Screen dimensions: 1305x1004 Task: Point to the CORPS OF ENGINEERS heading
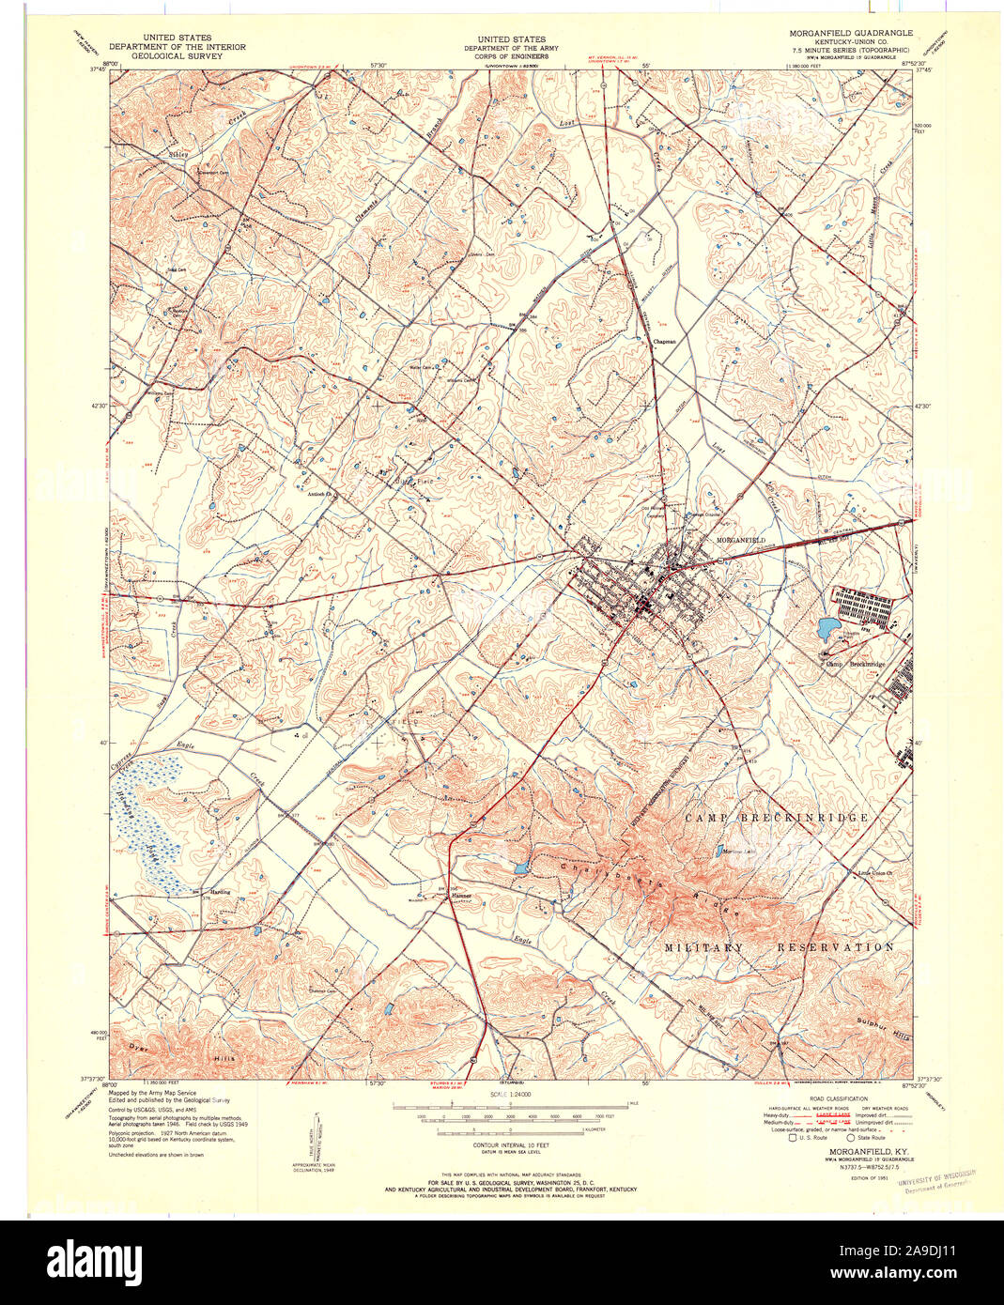pos(510,55)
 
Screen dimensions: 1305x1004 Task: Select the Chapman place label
pos(665,342)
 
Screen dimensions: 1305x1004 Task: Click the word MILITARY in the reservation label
pos(704,947)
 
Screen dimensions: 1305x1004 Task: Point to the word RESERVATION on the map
pos(835,947)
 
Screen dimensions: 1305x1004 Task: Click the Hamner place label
pos(461,896)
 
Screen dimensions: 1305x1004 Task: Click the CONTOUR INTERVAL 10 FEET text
pos(509,1148)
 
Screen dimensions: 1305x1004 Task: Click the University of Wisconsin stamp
pos(936,1179)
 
